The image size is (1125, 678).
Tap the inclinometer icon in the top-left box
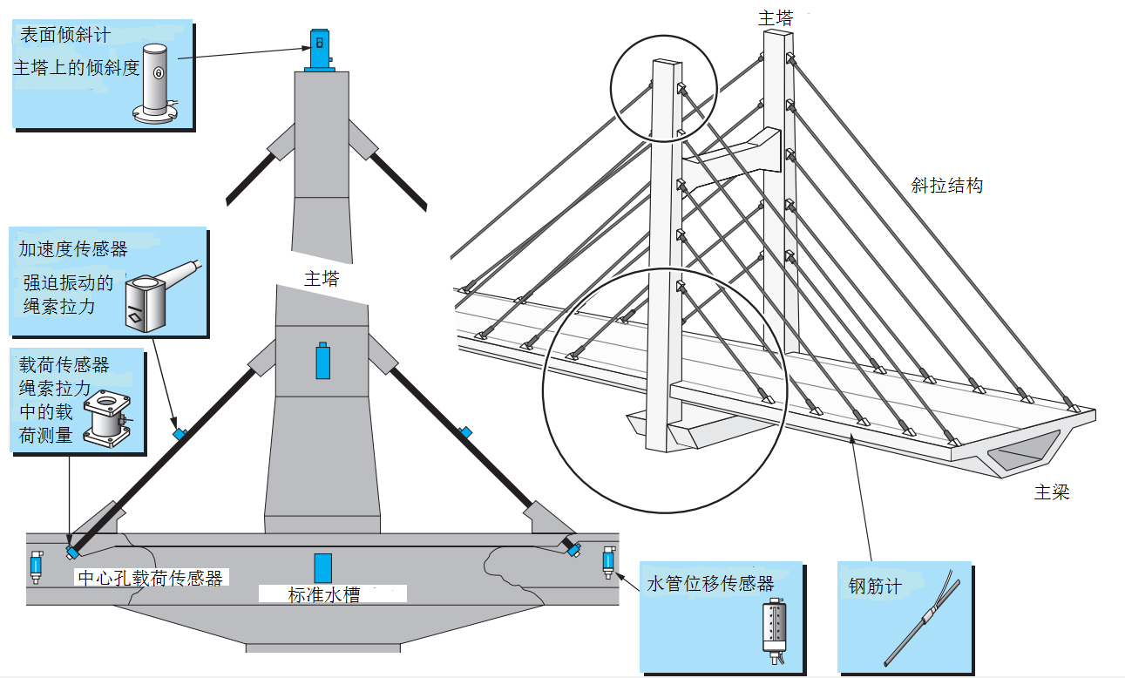(x=158, y=83)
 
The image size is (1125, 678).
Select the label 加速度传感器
(x=73, y=249)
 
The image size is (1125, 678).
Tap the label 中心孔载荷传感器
(x=150, y=578)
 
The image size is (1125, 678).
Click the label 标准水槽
(x=323, y=596)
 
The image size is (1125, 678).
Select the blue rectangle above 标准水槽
(x=323, y=567)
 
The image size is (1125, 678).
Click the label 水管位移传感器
(x=710, y=583)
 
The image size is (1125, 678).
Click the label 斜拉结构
(x=946, y=186)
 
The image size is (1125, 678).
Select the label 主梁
(x=1052, y=493)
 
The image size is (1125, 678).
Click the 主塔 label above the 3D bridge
(x=776, y=17)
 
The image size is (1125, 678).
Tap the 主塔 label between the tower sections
(x=321, y=280)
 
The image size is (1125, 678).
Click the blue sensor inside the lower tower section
(x=323, y=360)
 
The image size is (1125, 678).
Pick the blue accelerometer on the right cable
(x=466, y=431)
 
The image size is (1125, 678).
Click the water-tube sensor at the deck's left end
(x=36, y=566)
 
